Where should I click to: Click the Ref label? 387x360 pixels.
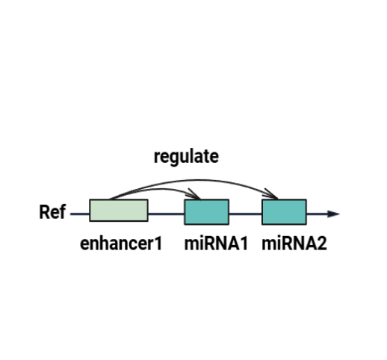[x=52, y=212]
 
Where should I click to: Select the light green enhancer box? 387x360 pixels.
[x=119, y=210]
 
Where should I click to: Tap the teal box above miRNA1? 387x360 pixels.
[x=206, y=212]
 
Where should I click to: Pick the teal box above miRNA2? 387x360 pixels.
[x=284, y=212]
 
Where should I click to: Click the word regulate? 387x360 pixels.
[x=186, y=157]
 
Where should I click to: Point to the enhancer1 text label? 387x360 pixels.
[x=121, y=243]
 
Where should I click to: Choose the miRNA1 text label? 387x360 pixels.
[x=216, y=243]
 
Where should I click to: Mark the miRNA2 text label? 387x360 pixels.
[x=294, y=243]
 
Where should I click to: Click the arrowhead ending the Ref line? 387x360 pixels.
[x=334, y=214]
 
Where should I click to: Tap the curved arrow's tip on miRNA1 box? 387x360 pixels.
[x=200, y=199]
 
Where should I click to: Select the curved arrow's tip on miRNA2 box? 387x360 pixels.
[x=277, y=199]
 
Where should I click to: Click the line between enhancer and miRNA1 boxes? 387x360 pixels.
[x=167, y=214]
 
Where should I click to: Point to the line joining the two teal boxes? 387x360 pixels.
[x=245, y=214]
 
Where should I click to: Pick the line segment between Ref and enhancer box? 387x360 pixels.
[x=80, y=214]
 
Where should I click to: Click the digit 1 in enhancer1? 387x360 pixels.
[x=158, y=243]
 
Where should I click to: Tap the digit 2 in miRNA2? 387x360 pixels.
[x=322, y=243]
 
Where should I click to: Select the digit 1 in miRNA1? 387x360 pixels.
[x=244, y=243]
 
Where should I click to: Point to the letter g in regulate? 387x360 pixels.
[x=170, y=159]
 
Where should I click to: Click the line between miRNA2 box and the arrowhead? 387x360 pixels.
[x=317, y=214]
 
